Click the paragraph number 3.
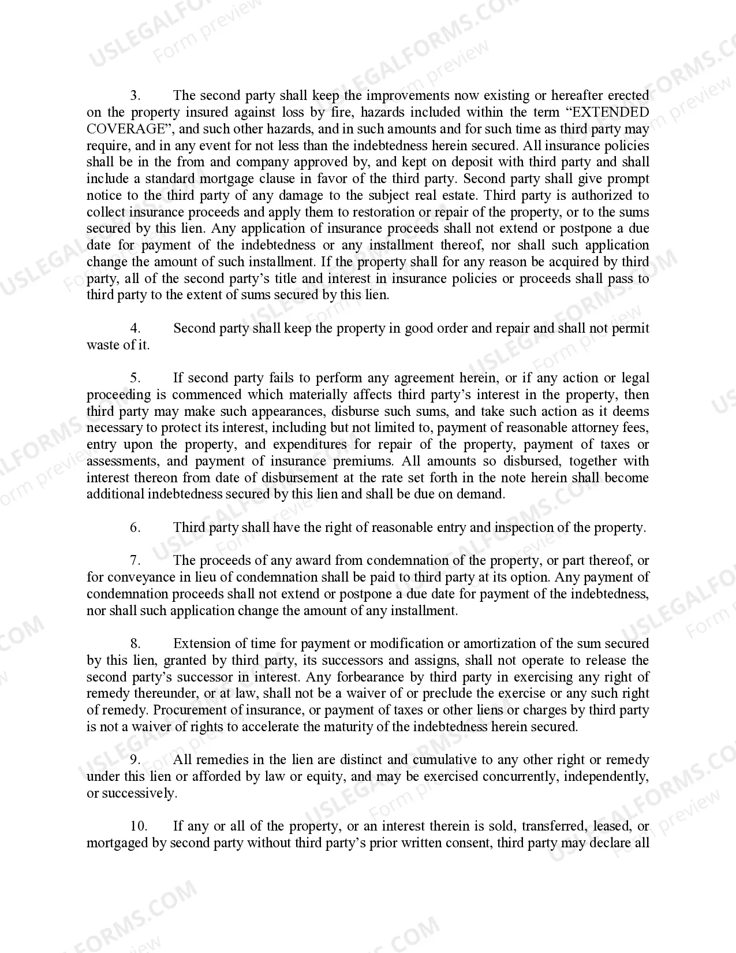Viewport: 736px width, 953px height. point(134,95)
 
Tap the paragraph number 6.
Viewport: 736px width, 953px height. point(135,527)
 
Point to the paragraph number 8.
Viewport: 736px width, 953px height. point(135,643)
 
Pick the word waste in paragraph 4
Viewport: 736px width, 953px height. point(103,345)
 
